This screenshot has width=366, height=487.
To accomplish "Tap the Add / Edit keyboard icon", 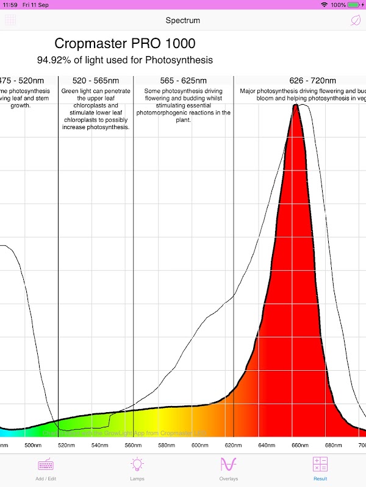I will point(46,464).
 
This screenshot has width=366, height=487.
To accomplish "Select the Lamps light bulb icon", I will point(137,464).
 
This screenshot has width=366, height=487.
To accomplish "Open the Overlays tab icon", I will point(229,464).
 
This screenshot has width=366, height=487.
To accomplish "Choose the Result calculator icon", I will point(320,464).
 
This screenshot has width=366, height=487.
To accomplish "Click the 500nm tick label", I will point(33,445).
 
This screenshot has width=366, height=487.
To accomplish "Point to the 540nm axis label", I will point(100,445).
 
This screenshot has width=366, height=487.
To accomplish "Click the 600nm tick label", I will point(200,445).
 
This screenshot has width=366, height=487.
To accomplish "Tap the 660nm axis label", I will point(300,445).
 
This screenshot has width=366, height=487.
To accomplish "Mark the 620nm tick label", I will point(234,445).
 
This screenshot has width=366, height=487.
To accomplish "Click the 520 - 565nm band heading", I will point(96,81).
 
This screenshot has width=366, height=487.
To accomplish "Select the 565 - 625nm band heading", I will point(183,81).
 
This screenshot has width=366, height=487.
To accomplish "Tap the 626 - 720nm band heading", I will point(312,81).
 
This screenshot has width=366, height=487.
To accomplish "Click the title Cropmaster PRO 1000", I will point(125,44).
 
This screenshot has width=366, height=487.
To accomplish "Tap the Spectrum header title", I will point(183,21).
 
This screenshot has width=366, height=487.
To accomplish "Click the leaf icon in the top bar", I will point(355,20).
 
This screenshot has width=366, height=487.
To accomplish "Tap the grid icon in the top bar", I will point(10,20).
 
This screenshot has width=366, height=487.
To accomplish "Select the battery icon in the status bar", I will point(354,5).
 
